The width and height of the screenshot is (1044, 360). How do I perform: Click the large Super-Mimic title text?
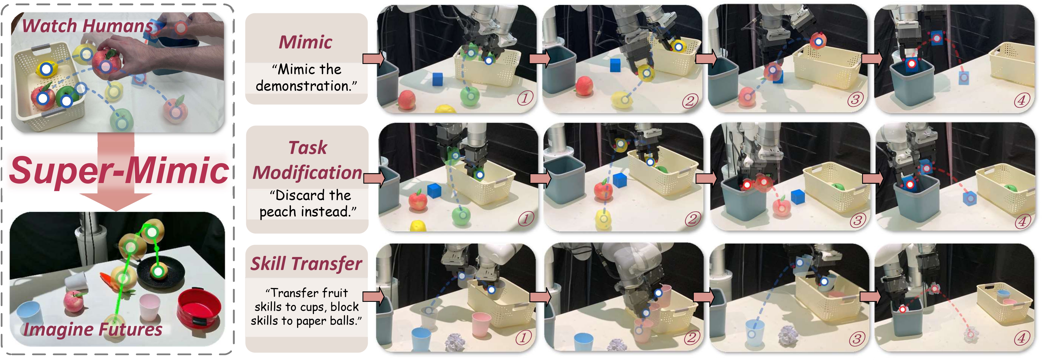coord(119,171)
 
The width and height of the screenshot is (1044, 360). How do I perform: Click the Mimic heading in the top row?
coord(306,42)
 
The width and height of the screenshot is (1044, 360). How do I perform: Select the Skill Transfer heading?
coord(306,264)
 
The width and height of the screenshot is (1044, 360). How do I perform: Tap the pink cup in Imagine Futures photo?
coord(149,307)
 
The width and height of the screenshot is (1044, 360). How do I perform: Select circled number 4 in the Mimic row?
coord(1021,100)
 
